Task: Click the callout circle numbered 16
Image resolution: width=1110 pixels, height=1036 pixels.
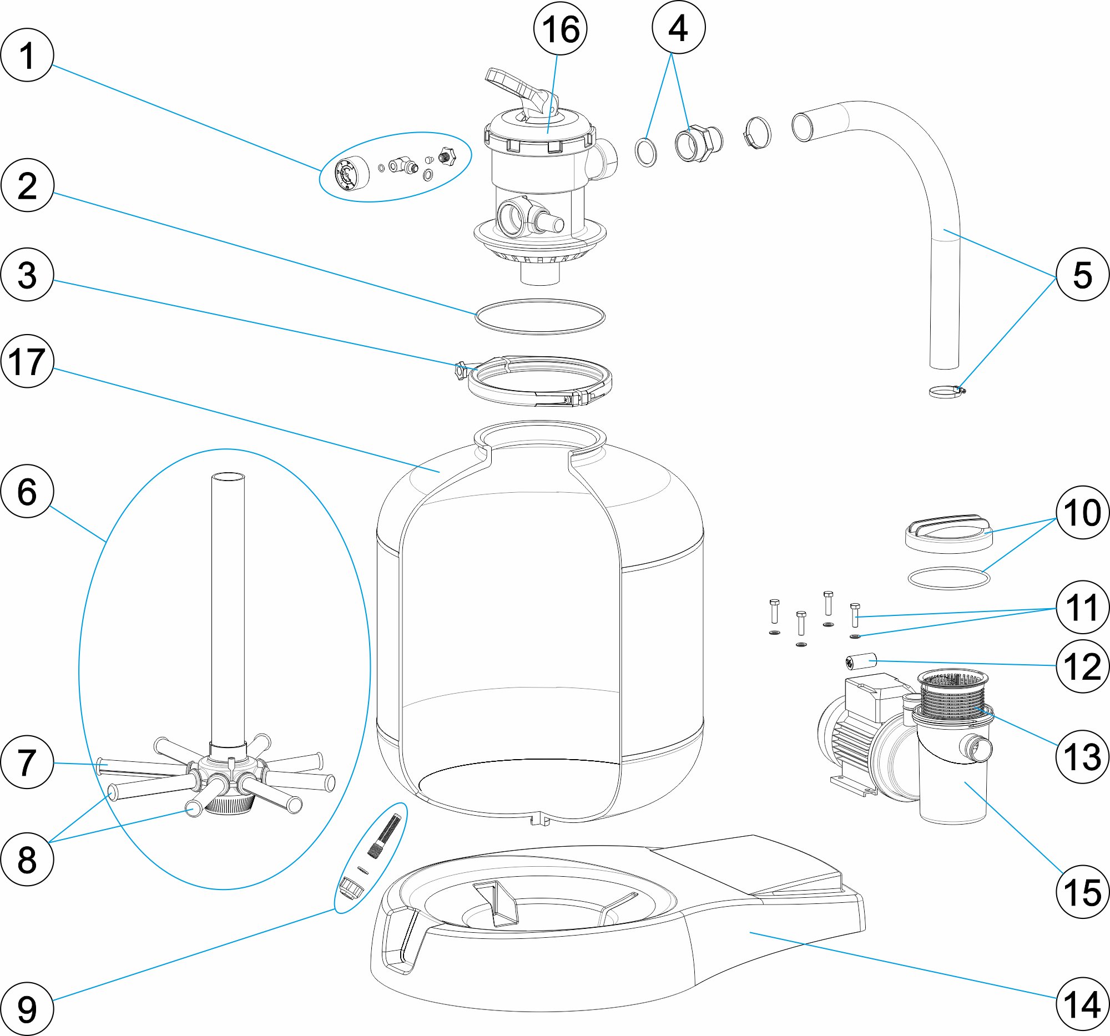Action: (560, 29)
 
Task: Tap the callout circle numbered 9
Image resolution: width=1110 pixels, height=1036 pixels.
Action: (27, 1009)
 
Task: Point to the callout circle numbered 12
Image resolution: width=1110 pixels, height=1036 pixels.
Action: (1082, 666)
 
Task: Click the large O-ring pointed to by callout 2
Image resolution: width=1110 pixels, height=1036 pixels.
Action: (540, 316)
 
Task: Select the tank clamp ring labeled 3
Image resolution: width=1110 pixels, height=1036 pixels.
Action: (539, 382)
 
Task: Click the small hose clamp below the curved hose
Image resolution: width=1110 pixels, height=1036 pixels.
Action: (946, 392)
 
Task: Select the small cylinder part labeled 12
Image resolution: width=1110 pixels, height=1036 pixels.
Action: (861, 663)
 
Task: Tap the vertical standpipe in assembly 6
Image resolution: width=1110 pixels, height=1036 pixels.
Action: (228, 608)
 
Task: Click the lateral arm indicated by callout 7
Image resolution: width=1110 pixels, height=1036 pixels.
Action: (140, 766)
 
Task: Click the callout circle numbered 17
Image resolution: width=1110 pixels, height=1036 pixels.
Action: (27, 361)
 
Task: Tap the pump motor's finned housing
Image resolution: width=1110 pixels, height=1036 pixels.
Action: (849, 742)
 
